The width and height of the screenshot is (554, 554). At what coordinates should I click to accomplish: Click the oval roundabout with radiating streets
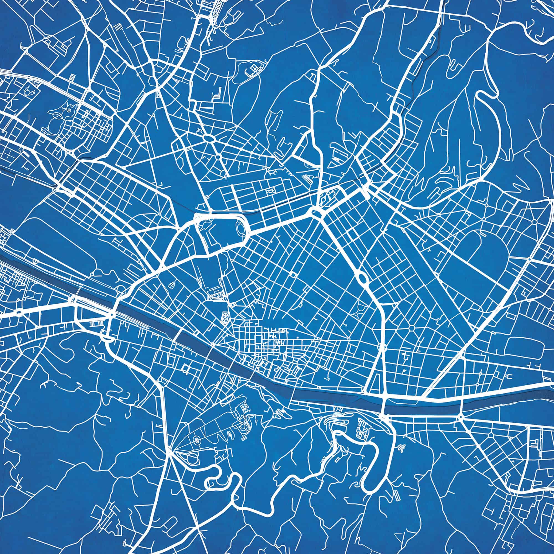coord(210,139)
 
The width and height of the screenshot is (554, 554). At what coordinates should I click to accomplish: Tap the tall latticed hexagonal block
coord(225,317)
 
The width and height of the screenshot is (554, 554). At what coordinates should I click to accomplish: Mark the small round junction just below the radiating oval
coord(218,157)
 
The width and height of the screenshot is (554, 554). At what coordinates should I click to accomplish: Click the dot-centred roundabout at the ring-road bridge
coord(112,315)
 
